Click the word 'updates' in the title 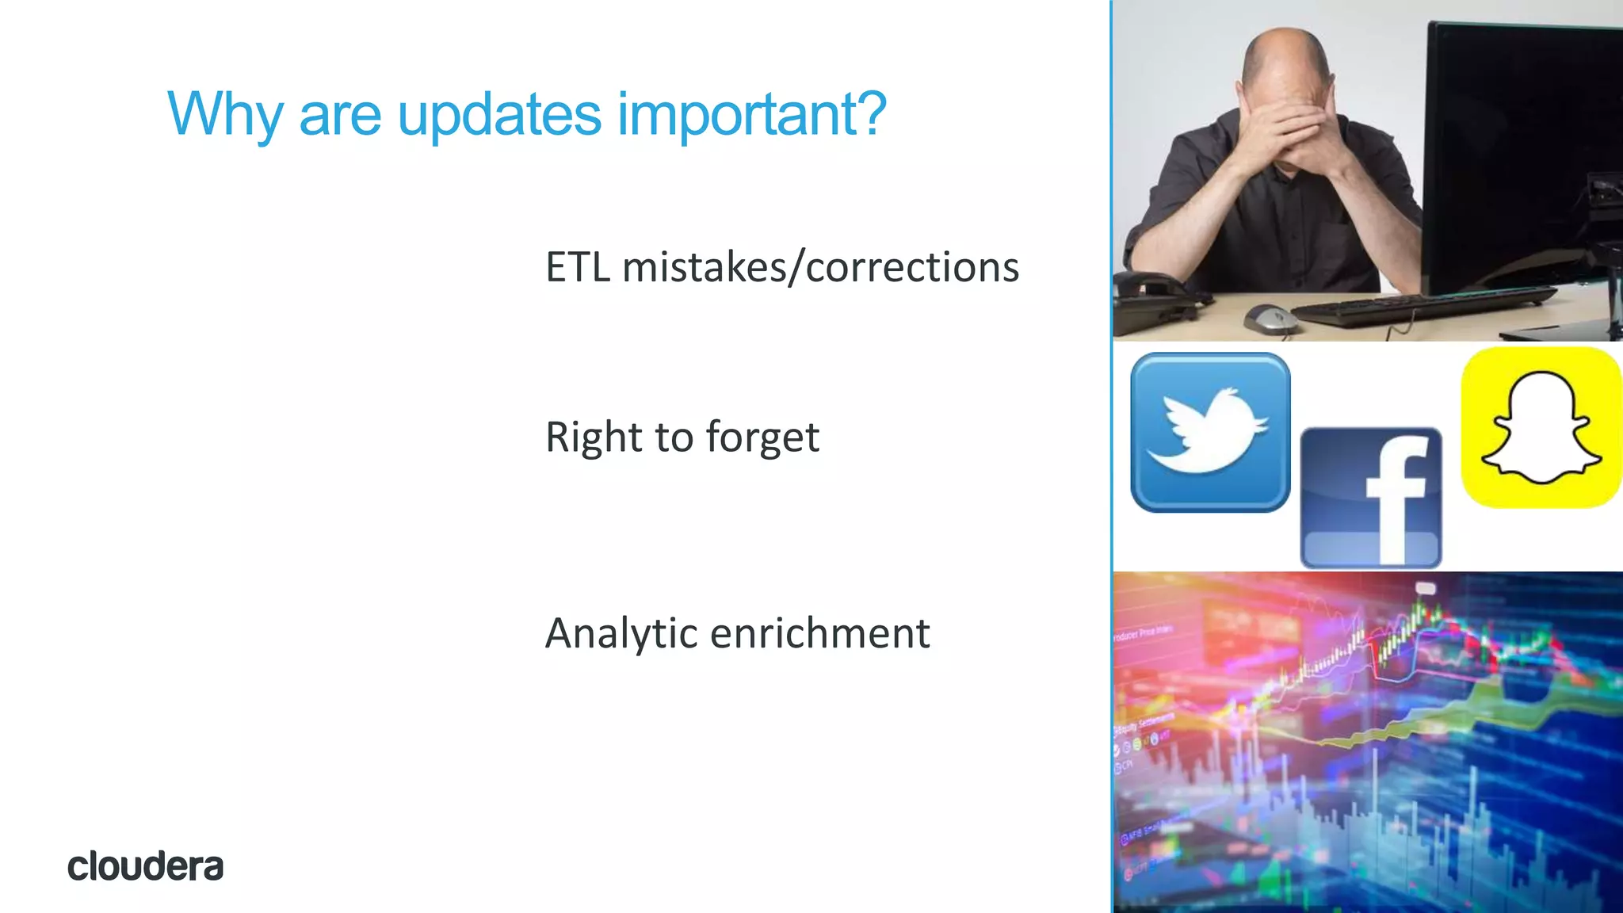tap(498, 115)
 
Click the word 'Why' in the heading tap(225, 115)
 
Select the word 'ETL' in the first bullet tap(578, 267)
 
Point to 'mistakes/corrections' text tap(821, 267)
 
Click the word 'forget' tap(762, 437)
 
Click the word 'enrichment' tap(819, 634)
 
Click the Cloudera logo tap(145, 866)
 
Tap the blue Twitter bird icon tap(1209, 432)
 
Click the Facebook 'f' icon tap(1371, 498)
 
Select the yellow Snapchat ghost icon tap(1541, 427)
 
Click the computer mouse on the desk tap(1270, 319)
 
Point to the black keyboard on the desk tap(1419, 305)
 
